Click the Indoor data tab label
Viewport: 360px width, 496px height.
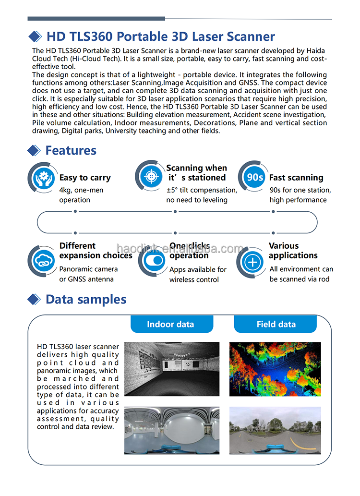(170, 324)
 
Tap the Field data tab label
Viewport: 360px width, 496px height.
(276, 324)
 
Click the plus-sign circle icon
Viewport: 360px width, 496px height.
(252, 262)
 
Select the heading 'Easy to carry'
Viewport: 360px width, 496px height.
(85, 178)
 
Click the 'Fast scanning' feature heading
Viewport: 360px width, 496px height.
(296, 178)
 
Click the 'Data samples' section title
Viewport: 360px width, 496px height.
(86, 300)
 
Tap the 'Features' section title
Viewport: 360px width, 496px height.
(71, 150)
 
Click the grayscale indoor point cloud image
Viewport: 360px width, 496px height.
(172, 369)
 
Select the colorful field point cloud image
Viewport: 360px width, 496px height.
(275, 369)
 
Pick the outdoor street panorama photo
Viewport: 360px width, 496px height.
(275, 430)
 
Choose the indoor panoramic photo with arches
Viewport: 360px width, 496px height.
(172, 430)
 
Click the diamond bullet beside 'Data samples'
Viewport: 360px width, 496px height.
(34, 300)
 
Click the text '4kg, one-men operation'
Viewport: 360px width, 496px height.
(81, 195)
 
